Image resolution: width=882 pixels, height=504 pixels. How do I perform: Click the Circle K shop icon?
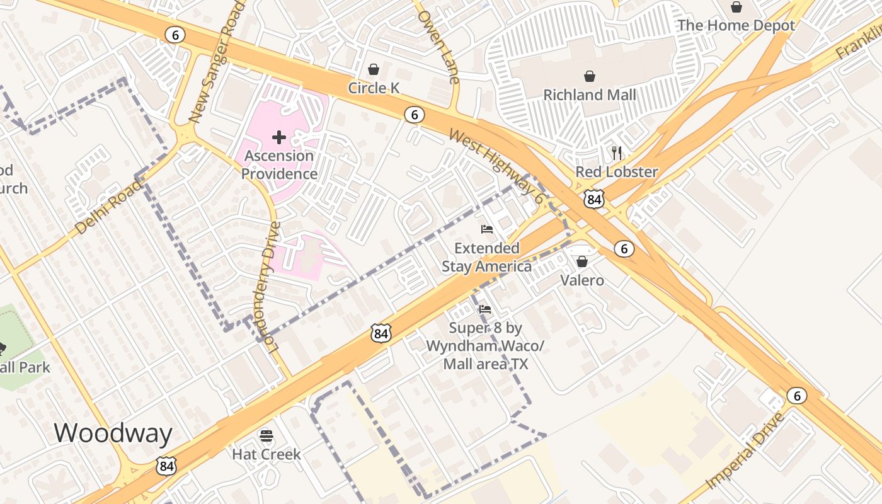click(x=374, y=69)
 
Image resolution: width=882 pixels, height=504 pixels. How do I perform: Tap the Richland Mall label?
click(x=590, y=95)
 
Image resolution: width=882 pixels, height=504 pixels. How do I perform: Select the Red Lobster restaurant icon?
click(x=617, y=152)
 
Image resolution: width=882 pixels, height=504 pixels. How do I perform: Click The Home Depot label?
click(x=736, y=26)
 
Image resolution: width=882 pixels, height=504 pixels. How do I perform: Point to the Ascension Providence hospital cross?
click(x=279, y=137)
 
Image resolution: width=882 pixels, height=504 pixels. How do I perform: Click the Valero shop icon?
click(x=582, y=261)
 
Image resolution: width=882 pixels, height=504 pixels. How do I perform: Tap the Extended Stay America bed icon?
click(x=486, y=229)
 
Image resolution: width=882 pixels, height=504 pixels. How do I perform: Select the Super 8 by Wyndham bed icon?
click(x=484, y=309)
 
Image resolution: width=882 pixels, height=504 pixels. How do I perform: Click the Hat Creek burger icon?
click(x=266, y=435)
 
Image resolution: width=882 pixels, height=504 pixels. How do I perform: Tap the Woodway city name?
click(x=113, y=433)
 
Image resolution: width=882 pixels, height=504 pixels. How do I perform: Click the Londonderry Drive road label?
click(x=268, y=287)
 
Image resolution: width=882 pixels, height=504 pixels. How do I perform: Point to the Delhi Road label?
click(x=108, y=207)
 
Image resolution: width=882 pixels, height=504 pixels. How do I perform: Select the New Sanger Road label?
click(x=215, y=62)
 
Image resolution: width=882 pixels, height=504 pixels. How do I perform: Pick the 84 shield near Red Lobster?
click(x=594, y=200)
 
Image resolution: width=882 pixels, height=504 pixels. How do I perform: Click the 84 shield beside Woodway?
click(x=166, y=466)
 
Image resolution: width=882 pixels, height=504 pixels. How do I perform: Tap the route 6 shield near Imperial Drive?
click(x=797, y=396)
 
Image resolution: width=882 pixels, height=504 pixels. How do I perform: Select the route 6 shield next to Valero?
click(x=624, y=248)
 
